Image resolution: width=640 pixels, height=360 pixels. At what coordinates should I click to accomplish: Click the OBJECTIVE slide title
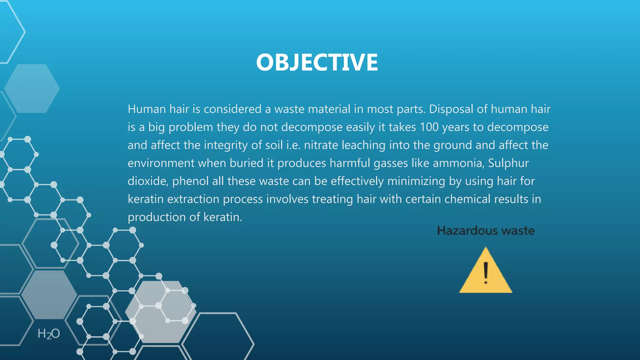point(317,62)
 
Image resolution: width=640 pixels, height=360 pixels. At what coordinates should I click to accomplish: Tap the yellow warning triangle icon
point(486,275)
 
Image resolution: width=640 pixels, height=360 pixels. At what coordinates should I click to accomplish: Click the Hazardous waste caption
point(486,231)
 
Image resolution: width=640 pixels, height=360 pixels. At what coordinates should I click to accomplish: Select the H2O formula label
point(48,334)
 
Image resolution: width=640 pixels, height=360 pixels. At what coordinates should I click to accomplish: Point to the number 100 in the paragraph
point(429,127)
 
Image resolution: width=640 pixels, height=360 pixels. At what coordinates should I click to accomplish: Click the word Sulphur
point(508,163)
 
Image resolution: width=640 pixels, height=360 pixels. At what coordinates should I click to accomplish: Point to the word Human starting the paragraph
point(147,109)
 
